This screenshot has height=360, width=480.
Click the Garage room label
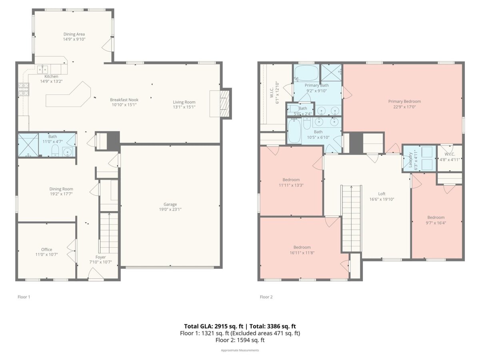[170, 204]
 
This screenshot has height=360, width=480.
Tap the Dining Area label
[74, 34]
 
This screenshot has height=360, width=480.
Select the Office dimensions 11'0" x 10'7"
[46, 254]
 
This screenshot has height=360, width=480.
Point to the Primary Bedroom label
[404, 102]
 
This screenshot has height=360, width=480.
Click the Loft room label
[382, 194]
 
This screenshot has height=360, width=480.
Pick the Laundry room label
[410, 160]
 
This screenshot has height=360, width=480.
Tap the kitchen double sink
[42, 69]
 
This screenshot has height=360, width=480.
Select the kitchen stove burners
[24, 89]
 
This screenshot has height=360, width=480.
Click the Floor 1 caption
[24, 297]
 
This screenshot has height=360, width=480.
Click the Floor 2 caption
[266, 297]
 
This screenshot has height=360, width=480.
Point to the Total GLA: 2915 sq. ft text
[214, 326]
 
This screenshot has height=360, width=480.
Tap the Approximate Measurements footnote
[240, 350]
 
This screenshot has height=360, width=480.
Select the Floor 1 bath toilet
[55, 150]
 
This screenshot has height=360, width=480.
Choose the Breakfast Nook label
[124, 100]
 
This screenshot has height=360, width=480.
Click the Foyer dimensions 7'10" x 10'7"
[100, 262]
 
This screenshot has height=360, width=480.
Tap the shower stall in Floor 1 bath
[28, 145]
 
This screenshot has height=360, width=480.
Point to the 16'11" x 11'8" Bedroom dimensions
[302, 253]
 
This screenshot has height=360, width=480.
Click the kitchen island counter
[68, 95]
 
